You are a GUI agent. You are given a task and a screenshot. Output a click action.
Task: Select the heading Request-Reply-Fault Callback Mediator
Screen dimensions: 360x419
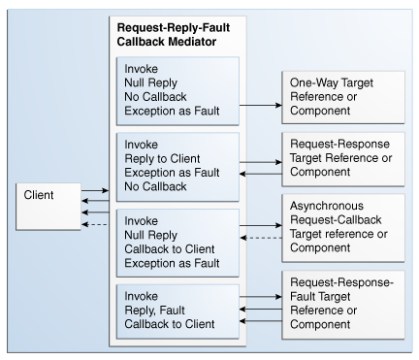[x=180, y=36]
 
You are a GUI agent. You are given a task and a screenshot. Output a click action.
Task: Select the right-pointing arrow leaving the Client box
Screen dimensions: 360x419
[x=94, y=192]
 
